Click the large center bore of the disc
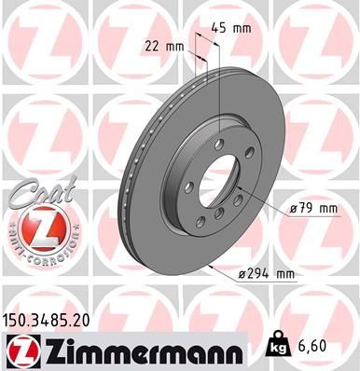pos(215,178)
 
